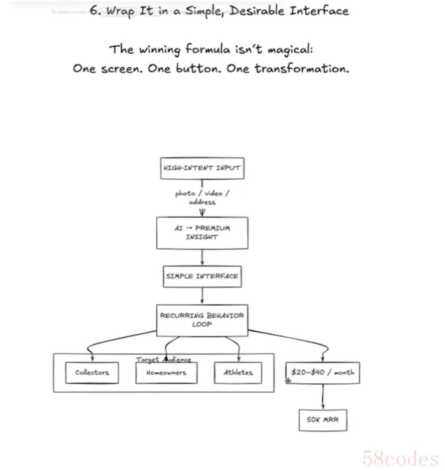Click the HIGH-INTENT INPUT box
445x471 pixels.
(x=202, y=168)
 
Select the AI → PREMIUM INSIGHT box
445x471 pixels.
(x=202, y=233)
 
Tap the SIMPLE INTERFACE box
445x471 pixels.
(x=202, y=276)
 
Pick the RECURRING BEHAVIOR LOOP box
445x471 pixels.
(x=202, y=320)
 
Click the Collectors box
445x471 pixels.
(x=92, y=373)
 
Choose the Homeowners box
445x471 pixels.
(x=166, y=373)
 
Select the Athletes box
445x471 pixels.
(x=238, y=373)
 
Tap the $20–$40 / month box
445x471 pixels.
(x=323, y=373)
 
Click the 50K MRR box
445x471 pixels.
(x=323, y=420)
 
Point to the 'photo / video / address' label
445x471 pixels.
(x=202, y=198)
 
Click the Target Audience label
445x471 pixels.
(x=164, y=359)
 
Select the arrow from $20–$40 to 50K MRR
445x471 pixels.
(x=323, y=396)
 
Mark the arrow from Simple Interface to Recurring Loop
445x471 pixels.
(x=202, y=296)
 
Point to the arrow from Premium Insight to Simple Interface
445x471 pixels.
(x=202, y=257)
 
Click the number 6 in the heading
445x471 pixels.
(x=94, y=11)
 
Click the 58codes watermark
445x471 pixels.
(x=400, y=458)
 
